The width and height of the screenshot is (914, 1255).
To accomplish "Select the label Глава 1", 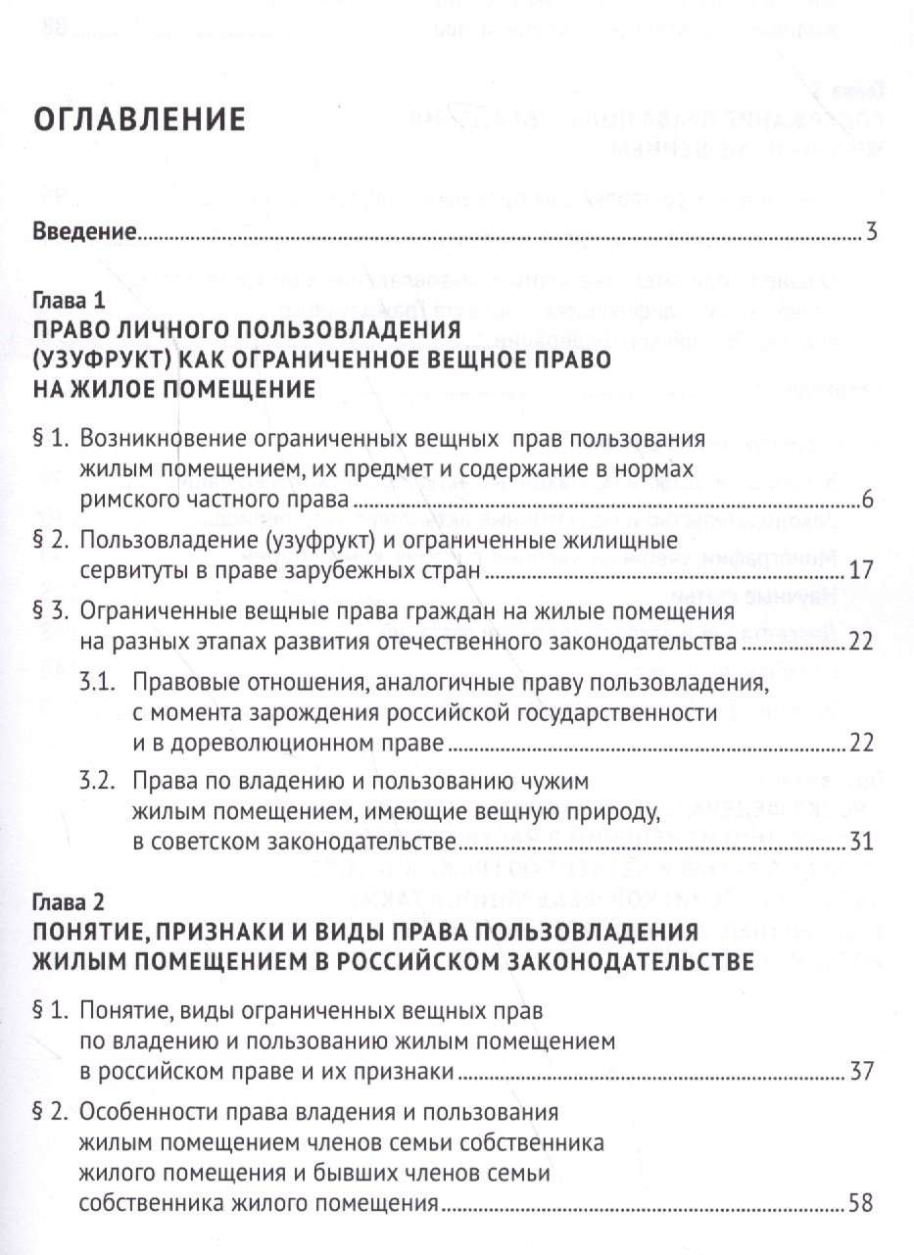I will click(67, 300).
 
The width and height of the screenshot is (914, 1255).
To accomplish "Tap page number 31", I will click(859, 841).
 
